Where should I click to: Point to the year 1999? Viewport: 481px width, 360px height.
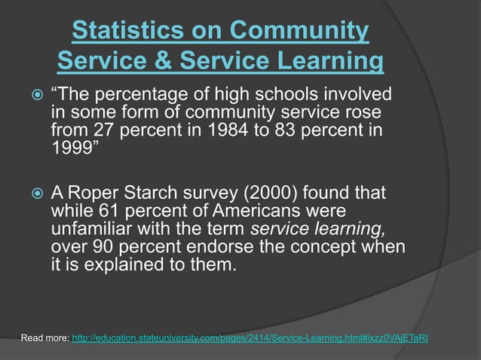72,146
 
